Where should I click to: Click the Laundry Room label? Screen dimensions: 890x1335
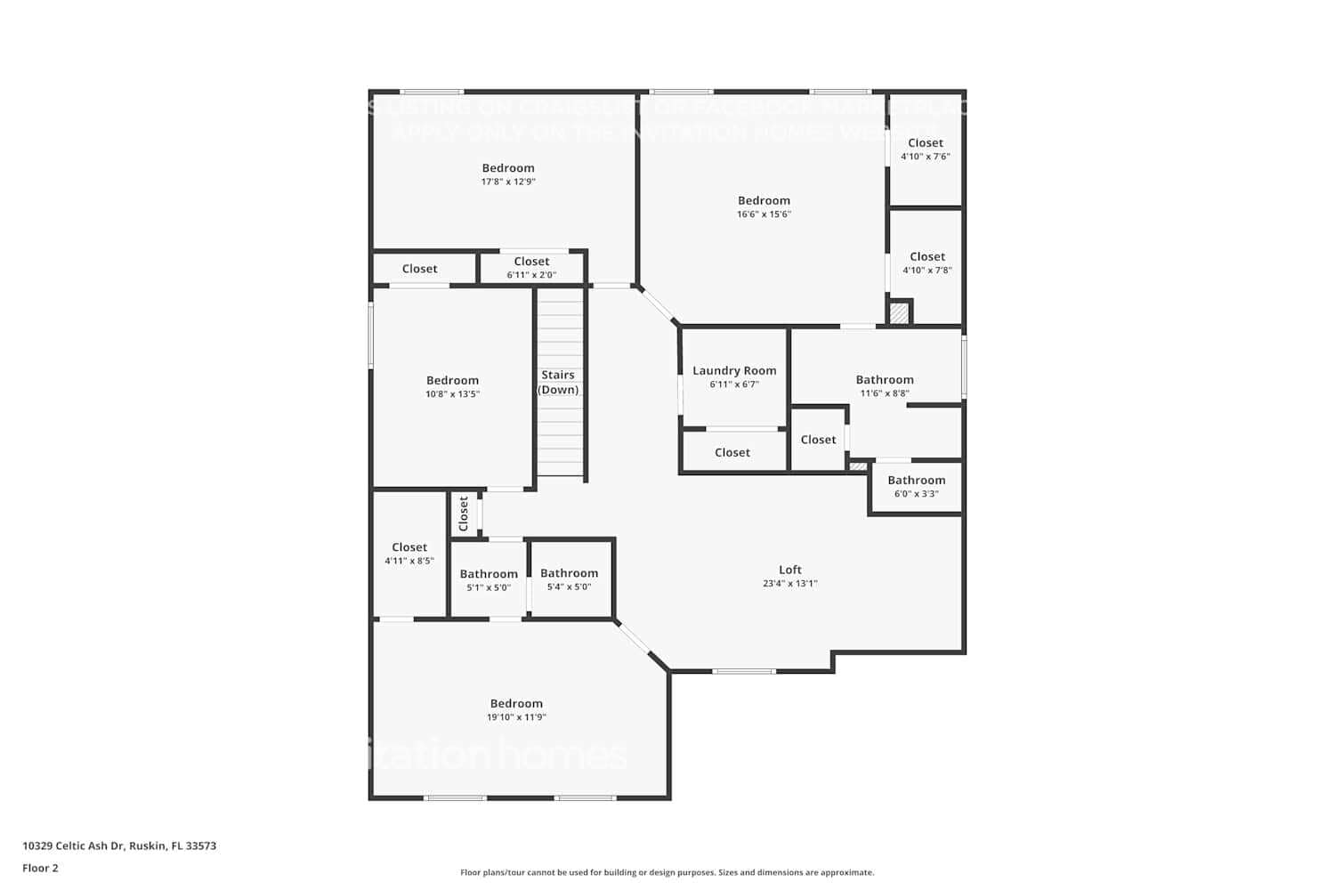pos(734,370)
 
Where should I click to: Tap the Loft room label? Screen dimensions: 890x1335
pos(790,570)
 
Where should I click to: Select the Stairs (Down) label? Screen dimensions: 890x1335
pos(558,383)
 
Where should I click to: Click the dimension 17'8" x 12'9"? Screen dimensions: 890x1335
pos(508,182)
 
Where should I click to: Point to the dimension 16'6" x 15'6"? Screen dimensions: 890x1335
pos(764,214)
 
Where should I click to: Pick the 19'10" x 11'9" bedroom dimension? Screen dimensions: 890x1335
pos(516,717)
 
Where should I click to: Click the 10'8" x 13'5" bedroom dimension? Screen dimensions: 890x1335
pos(452,394)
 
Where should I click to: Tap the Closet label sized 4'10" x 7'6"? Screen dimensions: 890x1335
pos(926,142)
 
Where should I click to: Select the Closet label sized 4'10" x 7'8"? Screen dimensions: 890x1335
pos(927,256)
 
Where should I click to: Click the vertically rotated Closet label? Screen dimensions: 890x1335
pos(464,514)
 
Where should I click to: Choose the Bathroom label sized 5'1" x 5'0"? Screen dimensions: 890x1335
pos(489,574)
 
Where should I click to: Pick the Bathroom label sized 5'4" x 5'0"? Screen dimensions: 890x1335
pos(569,573)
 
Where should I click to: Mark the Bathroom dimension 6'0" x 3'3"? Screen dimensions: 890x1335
pos(916,494)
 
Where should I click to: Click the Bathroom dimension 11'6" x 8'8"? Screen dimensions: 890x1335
pos(885,393)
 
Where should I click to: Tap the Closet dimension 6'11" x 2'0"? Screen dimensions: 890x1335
pos(531,275)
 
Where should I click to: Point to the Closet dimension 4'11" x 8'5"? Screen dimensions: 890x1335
pos(409,561)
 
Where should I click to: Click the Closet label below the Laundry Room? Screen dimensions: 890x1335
pos(732,452)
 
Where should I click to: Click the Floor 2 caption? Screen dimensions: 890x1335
pos(40,868)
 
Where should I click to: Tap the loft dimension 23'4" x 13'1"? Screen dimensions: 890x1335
pos(790,584)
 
